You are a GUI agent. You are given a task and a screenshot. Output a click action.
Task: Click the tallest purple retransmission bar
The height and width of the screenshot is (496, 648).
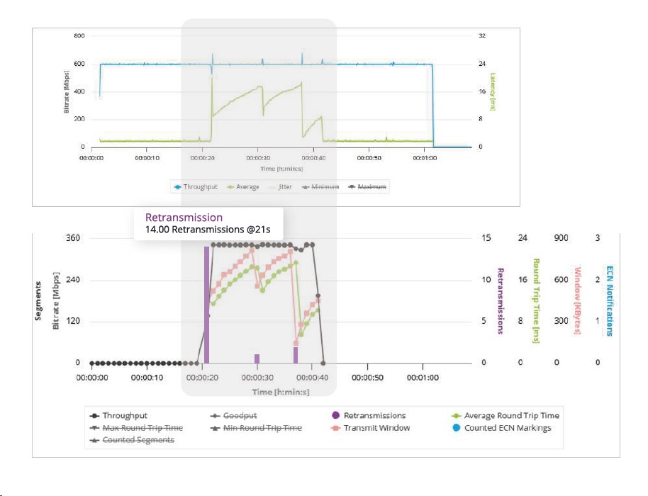coord(206,305)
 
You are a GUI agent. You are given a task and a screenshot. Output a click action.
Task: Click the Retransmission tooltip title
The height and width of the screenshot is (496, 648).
coord(184,218)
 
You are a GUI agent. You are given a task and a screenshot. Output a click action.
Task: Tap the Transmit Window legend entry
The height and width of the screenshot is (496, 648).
coord(376,427)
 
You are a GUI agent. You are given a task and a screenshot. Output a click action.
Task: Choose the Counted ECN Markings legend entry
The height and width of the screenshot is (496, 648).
coord(508,427)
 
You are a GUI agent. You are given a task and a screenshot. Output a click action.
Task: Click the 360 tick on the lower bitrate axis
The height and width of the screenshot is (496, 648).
coord(74,238)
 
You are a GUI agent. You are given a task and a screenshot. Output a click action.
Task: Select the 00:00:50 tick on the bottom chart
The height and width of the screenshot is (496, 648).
coord(368,378)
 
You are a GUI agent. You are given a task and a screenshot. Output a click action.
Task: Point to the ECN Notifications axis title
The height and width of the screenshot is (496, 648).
coord(608,300)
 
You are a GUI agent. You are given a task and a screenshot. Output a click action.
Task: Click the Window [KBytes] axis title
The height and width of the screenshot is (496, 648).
coord(577,300)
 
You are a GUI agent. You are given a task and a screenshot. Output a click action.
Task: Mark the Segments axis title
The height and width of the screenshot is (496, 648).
coord(40,300)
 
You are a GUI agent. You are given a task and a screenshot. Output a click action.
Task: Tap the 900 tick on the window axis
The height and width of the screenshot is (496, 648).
coord(561,238)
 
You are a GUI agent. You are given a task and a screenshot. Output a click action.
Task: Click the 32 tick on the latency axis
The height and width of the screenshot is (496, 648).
coord(482,35)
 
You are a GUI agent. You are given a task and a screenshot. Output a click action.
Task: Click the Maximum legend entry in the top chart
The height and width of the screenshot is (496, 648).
coord(372,187)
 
